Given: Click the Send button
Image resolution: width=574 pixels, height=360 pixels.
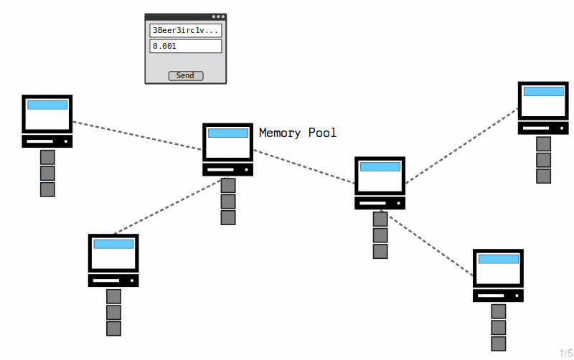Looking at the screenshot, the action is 186,76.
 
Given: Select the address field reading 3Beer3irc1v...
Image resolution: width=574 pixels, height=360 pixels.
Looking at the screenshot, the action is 186,30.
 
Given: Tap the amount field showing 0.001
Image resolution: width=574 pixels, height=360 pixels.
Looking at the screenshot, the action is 186,46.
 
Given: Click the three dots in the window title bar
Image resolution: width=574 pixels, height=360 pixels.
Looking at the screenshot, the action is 219,16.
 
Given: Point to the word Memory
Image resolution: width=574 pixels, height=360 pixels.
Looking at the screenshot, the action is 280,133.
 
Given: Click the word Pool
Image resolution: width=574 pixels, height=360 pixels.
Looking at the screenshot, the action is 322,133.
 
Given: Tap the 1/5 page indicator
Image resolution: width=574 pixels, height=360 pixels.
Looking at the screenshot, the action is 566,354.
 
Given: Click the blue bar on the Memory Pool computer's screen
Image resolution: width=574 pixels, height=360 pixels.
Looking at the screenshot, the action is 228,133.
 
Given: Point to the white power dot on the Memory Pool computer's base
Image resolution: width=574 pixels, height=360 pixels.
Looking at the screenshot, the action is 246,170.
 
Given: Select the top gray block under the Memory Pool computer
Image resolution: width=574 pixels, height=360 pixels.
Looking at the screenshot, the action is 228,186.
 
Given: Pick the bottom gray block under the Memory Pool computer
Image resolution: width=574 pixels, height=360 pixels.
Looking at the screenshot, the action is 228,218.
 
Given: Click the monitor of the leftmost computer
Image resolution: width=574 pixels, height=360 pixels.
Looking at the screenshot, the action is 47,114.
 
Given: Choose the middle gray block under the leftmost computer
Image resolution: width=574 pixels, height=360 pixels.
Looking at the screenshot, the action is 47,174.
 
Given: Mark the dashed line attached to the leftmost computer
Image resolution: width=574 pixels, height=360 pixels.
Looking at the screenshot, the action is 137,136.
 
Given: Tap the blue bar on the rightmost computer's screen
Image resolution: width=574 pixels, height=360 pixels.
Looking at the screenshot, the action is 544,92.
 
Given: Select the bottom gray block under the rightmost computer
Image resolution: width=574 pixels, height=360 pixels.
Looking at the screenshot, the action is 544,176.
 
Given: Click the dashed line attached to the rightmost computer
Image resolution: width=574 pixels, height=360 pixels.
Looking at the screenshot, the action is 462,146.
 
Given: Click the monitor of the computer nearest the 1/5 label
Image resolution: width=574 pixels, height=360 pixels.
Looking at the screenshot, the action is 498,268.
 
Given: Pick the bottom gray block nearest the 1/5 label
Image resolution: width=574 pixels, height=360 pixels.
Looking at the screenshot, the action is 499,344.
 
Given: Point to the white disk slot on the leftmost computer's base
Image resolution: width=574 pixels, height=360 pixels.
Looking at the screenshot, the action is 40,141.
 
